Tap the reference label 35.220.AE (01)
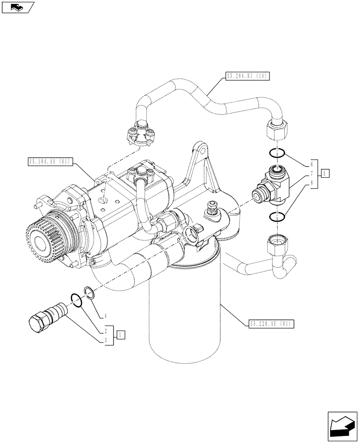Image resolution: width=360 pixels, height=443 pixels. click(x=269, y=324)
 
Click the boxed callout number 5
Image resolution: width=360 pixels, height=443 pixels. click(x=325, y=173)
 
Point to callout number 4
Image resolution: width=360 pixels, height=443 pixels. click(x=106, y=316)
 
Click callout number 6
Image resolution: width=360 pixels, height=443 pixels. click(x=312, y=163)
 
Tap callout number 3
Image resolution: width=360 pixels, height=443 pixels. click(x=106, y=340)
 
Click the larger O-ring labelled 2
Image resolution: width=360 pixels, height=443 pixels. click(x=77, y=300)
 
